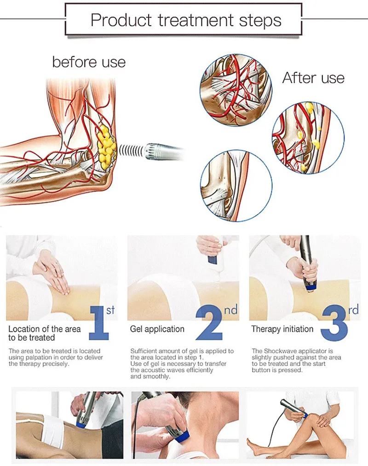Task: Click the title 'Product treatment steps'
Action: point(185,20)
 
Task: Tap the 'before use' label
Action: point(89,62)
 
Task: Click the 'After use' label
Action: point(313,77)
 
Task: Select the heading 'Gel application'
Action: point(157,329)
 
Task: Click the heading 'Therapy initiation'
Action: point(282,329)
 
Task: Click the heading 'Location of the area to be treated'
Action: point(45,333)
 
